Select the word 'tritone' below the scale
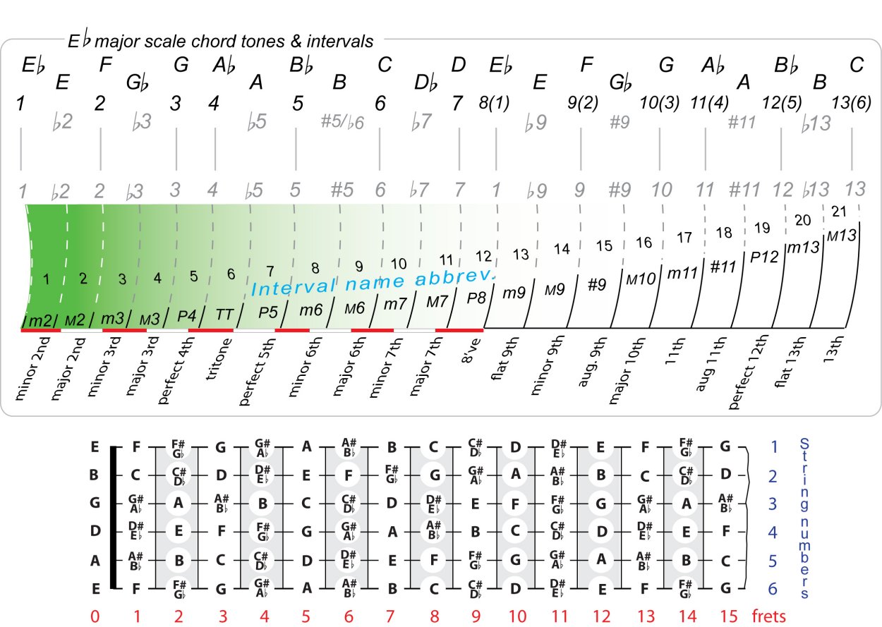tap(219, 360)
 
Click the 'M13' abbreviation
tap(842, 236)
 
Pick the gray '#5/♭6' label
tap(342, 121)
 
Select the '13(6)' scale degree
tap(854, 103)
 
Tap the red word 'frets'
tap(769, 616)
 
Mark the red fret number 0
tap(95, 616)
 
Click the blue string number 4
tap(773, 532)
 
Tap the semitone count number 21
tap(840, 212)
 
